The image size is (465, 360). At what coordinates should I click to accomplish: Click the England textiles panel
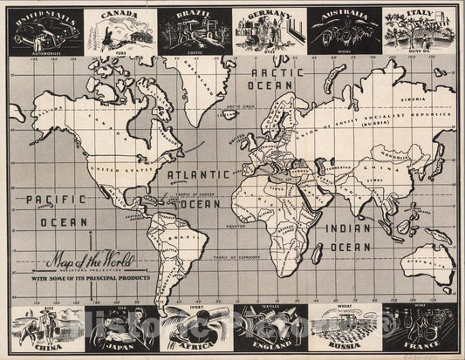point(270,329)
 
